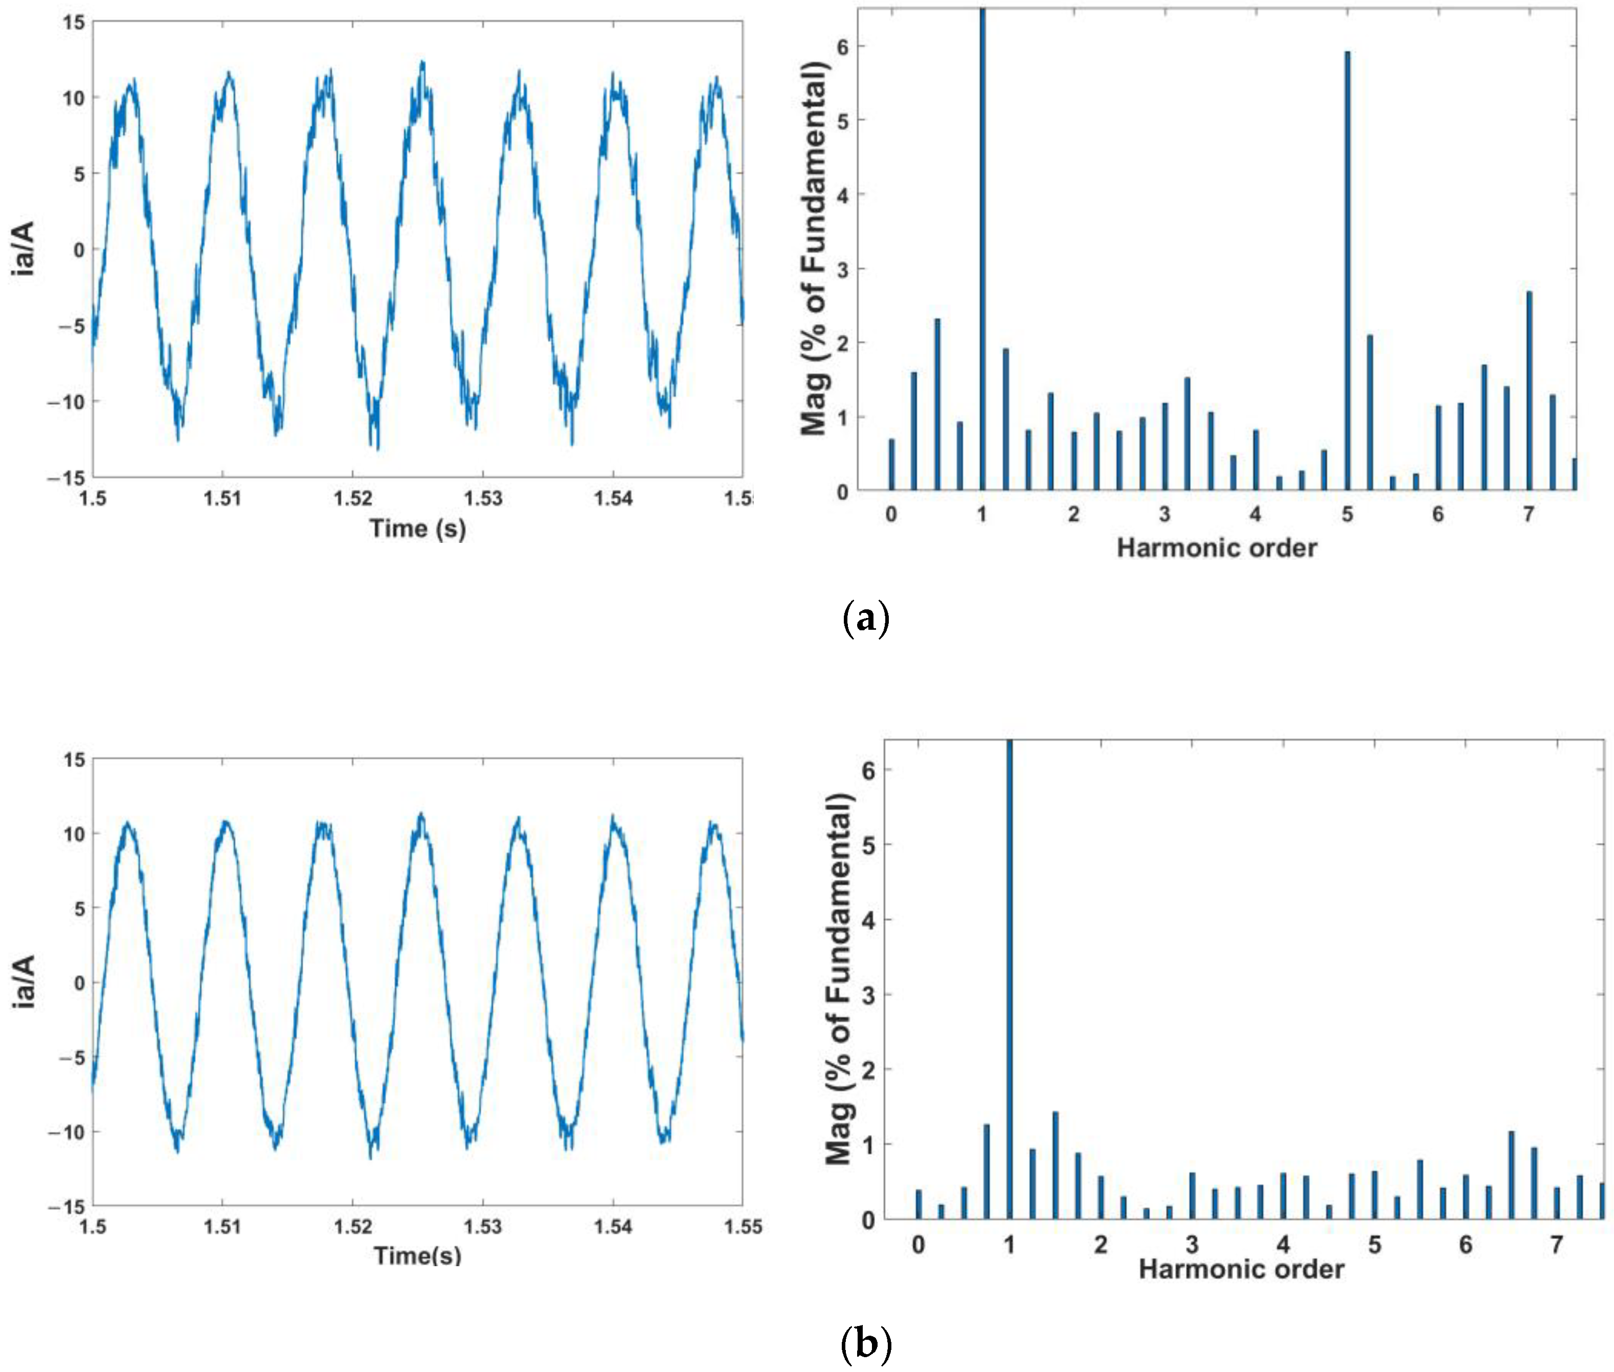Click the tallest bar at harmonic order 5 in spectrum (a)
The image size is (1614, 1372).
click(x=1347, y=272)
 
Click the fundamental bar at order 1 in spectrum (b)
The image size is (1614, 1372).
click(x=1010, y=980)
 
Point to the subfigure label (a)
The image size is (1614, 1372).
click(x=865, y=619)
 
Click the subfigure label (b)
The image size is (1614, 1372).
click(x=865, y=1343)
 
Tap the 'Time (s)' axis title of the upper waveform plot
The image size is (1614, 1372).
click(x=418, y=529)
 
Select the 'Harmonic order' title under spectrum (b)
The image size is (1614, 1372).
click(x=1241, y=1269)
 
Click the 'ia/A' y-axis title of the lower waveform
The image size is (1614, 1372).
click(x=25, y=983)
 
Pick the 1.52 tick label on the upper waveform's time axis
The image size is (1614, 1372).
click(x=352, y=498)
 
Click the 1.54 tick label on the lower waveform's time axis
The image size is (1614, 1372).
click(x=613, y=1227)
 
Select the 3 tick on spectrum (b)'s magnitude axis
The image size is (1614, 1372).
click(x=868, y=995)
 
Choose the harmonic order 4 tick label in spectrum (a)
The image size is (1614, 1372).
click(x=1255, y=514)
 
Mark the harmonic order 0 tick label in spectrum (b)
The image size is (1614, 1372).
click(x=918, y=1245)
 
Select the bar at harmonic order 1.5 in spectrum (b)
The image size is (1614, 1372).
click(x=1055, y=1166)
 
